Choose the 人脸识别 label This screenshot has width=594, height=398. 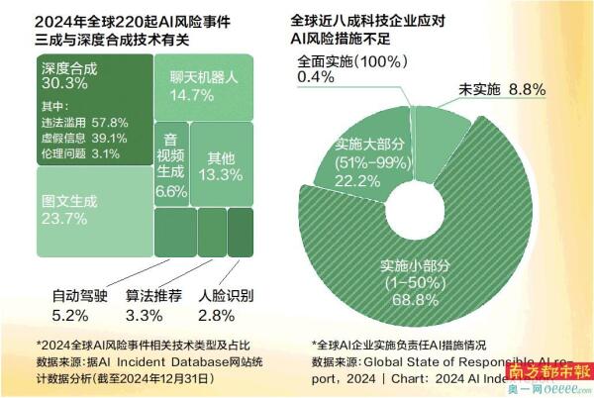[226, 294]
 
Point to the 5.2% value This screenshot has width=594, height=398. [71, 314]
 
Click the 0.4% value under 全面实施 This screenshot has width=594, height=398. [316, 77]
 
